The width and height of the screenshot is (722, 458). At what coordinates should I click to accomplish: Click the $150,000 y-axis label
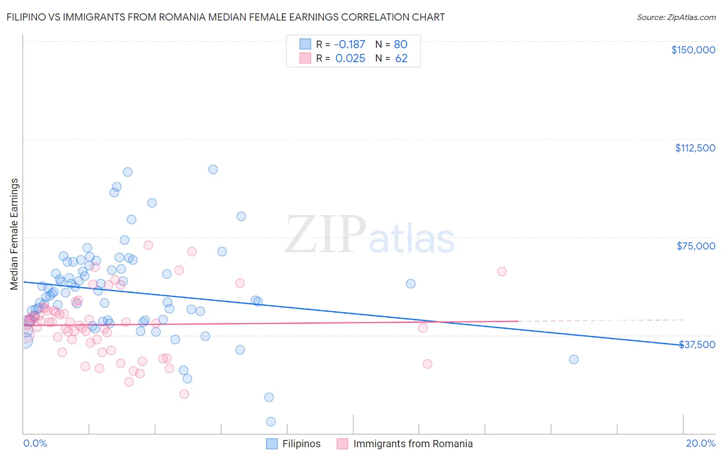point(693,50)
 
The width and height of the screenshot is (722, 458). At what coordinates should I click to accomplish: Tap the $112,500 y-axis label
point(695,148)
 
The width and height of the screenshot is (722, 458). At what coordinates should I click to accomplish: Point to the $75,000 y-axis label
point(696,246)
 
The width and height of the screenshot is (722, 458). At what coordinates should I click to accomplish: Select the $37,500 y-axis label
point(697,345)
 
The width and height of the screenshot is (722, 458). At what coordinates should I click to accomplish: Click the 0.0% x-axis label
point(35,443)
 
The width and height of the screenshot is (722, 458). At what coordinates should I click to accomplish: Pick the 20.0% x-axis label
point(700,443)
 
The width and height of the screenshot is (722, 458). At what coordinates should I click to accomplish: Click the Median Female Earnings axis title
point(14,234)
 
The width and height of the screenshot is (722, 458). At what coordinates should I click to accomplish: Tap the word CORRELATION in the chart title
point(377,17)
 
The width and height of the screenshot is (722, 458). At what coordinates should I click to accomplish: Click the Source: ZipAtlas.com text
point(676,17)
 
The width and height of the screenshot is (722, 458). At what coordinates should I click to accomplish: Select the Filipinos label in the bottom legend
point(301,444)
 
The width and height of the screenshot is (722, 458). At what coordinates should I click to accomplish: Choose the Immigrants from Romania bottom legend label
point(413,444)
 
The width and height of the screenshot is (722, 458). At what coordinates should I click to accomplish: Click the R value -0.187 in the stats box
point(350,44)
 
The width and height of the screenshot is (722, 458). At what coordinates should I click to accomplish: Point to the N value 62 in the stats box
point(401,59)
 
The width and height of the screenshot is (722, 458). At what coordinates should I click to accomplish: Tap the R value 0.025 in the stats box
point(350,59)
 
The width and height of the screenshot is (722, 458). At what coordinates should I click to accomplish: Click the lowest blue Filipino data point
point(271,422)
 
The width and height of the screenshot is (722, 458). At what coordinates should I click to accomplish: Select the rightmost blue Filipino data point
point(574,359)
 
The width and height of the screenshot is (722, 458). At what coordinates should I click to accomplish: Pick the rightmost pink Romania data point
point(502,272)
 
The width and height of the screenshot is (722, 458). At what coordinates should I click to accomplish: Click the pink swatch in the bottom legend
point(342,444)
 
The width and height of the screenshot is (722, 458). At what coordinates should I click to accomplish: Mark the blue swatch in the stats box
point(305,44)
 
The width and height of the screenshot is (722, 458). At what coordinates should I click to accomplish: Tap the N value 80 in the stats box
point(401,44)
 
